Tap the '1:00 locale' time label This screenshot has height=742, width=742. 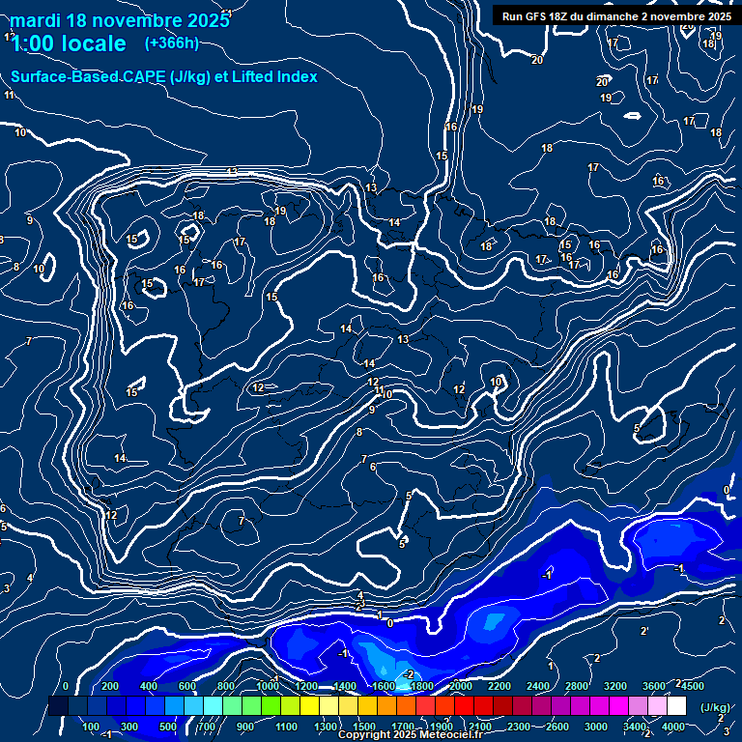[69, 43]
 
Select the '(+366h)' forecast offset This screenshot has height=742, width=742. [171, 43]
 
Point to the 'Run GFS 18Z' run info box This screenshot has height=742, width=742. [616, 15]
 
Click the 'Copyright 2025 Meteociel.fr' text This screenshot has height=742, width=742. [410, 735]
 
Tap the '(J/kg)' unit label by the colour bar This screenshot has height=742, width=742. [715, 707]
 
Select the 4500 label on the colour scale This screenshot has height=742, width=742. [692, 686]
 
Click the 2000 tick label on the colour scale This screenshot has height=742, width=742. [461, 686]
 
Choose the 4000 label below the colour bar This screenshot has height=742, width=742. [674, 727]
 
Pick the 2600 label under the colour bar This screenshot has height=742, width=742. [557, 727]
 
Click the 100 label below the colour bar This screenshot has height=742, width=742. [91, 727]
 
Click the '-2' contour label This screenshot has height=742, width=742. [409, 673]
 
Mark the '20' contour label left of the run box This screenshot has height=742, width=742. [537, 60]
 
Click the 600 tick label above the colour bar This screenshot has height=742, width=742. [187, 686]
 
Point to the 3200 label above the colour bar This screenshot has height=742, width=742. [615, 686]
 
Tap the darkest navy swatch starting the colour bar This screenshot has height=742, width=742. [58, 707]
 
